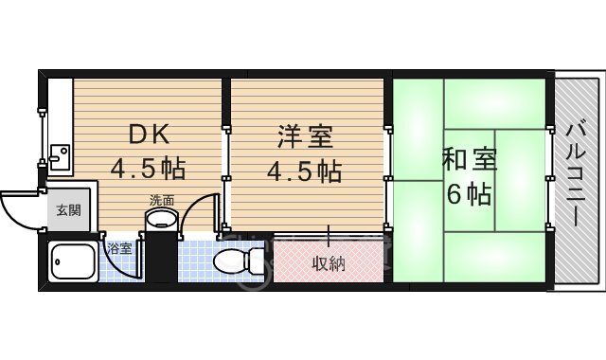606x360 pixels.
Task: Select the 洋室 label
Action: (304, 136)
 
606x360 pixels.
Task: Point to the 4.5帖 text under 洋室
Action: (304, 171)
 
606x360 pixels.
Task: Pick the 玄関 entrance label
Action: (66, 210)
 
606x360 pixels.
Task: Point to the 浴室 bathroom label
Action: (119, 248)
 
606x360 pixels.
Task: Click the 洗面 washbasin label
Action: (161, 200)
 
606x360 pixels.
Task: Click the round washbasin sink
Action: (161, 221)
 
